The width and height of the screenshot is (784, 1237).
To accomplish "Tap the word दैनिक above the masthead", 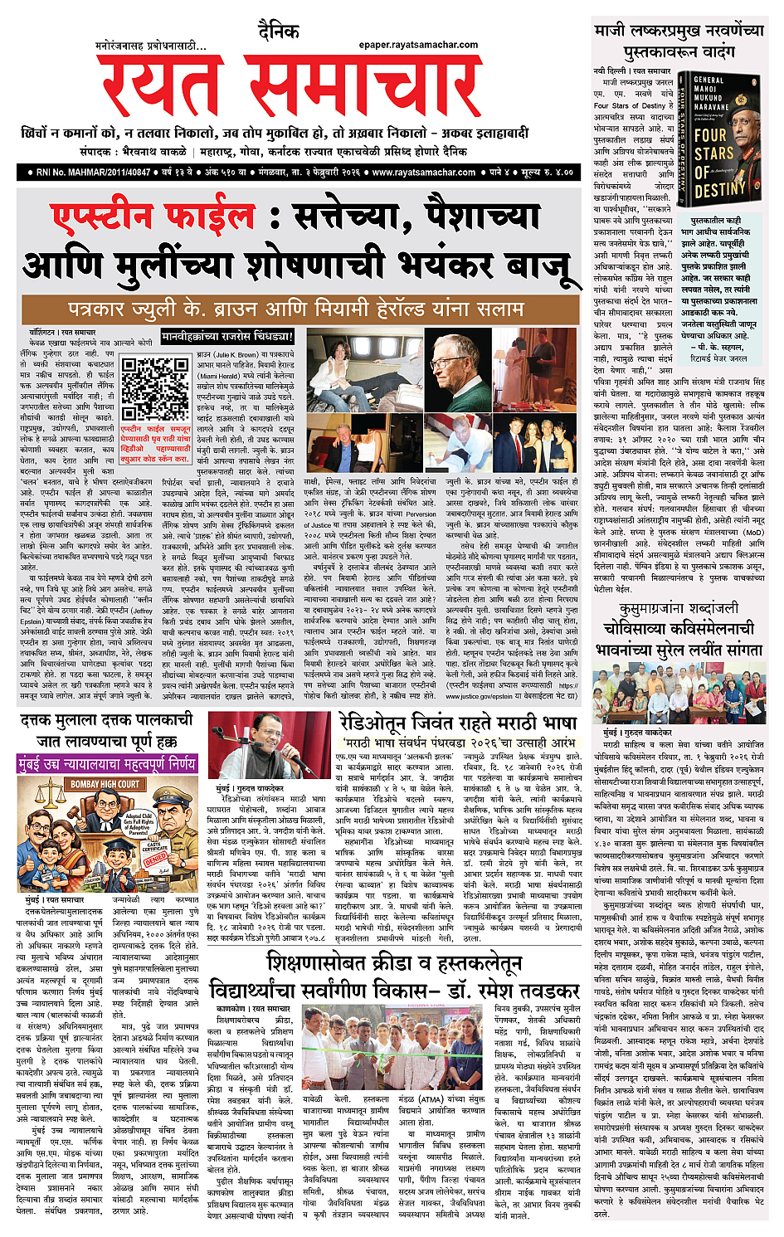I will [x=278, y=32].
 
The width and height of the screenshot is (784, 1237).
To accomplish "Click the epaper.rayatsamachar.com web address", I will [x=418, y=45].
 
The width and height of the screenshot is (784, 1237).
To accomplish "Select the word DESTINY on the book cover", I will [x=719, y=190].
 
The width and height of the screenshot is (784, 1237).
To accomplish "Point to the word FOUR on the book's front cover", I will [x=711, y=135].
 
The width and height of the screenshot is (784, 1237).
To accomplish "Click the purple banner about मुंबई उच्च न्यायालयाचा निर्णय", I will [x=107, y=762].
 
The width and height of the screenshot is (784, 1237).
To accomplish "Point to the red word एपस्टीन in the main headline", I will [x=153, y=217].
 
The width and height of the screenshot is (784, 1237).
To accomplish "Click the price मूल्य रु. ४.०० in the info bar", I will [x=543, y=173].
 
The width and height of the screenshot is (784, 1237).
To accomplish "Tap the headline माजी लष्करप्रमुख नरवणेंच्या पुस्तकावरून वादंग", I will [x=678, y=41].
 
